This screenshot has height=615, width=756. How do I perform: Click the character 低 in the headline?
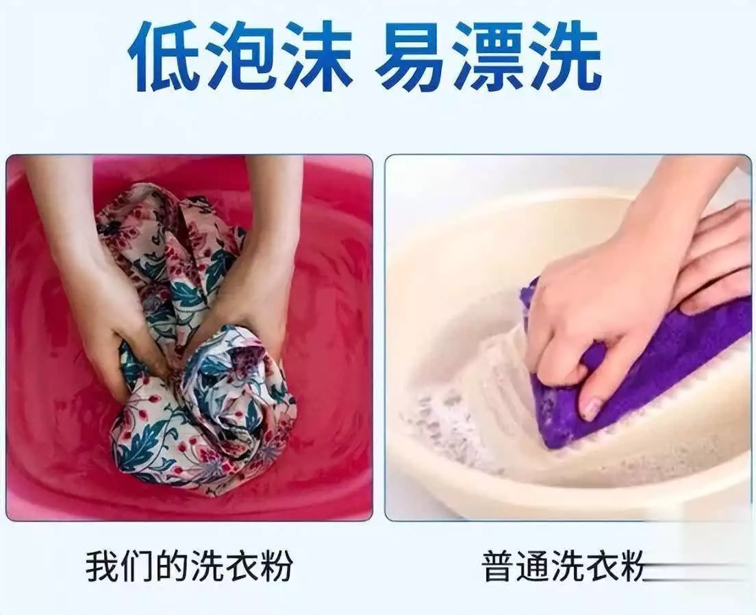[x=164, y=56]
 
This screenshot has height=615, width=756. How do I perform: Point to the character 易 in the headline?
[x=412, y=56]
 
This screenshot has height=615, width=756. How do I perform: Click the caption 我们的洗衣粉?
[x=190, y=566]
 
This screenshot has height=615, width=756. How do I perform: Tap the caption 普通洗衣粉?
[x=563, y=566]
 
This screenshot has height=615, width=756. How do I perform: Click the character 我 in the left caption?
[x=103, y=566]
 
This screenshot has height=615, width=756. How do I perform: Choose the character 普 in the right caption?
[x=498, y=566]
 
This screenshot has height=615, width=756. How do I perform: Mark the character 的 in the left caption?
[x=172, y=566]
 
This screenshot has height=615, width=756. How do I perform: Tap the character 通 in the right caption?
[x=531, y=566]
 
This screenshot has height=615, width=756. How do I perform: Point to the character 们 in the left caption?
[x=138, y=566]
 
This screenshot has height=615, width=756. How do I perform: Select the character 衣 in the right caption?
[x=596, y=566]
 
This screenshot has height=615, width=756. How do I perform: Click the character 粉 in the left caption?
[x=276, y=566]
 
